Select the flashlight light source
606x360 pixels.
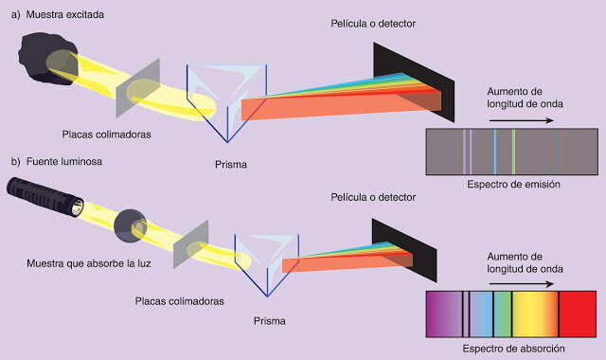[x=49, y=203]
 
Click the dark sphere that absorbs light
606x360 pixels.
[x=129, y=224]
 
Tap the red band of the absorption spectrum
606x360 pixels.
[x=578, y=315]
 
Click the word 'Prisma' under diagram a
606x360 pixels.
[x=231, y=165]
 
